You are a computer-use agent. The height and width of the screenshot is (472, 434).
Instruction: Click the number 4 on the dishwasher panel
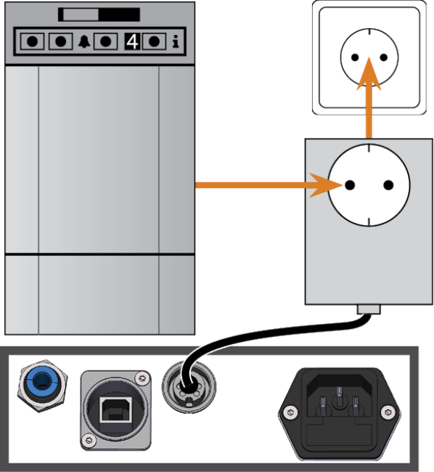(132, 41)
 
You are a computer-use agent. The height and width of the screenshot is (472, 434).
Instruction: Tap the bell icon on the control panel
(84, 41)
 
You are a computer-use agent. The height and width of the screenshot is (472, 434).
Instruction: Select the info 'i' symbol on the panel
(176, 41)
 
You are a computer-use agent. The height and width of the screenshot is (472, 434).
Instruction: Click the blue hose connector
(42, 385)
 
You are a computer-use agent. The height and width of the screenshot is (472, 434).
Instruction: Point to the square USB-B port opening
(115, 410)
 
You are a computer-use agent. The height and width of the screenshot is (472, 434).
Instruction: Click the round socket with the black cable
(189, 387)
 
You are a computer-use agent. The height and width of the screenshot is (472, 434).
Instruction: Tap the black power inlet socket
(339, 414)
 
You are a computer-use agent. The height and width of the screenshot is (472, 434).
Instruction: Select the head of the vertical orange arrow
(369, 74)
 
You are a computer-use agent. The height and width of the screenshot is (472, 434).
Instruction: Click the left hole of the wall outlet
(355, 57)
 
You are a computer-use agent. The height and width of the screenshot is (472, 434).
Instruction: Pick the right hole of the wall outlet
(383, 57)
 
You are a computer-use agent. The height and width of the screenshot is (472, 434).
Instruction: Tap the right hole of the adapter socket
(388, 185)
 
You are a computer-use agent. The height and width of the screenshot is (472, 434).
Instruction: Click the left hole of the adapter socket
(350, 185)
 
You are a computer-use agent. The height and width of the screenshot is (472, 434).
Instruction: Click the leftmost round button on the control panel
(32, 41)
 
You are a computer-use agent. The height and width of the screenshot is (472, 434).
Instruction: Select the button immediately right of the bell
(105, 41)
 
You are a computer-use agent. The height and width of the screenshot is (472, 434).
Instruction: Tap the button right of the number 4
(154, 41)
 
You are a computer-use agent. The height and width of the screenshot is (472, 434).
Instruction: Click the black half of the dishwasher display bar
(119, 15)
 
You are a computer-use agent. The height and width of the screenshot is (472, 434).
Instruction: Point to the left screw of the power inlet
(290, 412)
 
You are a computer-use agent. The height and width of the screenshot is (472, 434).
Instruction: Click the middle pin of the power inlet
(339, 392)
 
